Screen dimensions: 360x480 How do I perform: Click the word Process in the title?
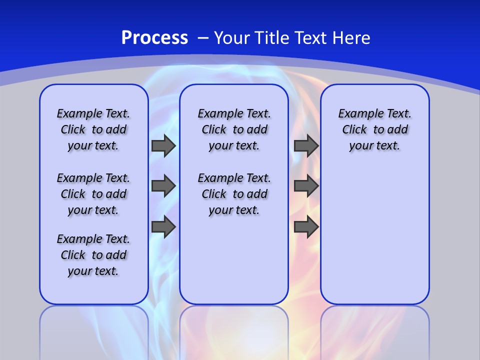[x=154, y=38]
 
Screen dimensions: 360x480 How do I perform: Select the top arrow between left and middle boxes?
[x=163, y=145]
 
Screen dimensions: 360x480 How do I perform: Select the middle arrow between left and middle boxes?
[x=163, y=186]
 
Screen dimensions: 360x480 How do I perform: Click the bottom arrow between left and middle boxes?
[x=163, y=226]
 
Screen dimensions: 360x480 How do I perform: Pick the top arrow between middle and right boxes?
[x=306, y=145]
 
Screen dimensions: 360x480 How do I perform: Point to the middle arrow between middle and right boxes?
[x=306, y=186]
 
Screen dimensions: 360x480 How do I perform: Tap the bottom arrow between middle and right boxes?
[x=306, y=226]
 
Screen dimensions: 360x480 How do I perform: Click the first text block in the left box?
[x=93, y=129]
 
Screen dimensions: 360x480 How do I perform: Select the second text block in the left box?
[x=93, y=194]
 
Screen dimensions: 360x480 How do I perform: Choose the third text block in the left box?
[x=93, y=255]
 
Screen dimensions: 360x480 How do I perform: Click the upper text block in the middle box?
[x=234, y=129]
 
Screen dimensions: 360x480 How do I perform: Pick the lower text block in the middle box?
[x=234, y=194]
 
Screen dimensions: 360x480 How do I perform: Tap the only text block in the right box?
[x=374, y=129]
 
